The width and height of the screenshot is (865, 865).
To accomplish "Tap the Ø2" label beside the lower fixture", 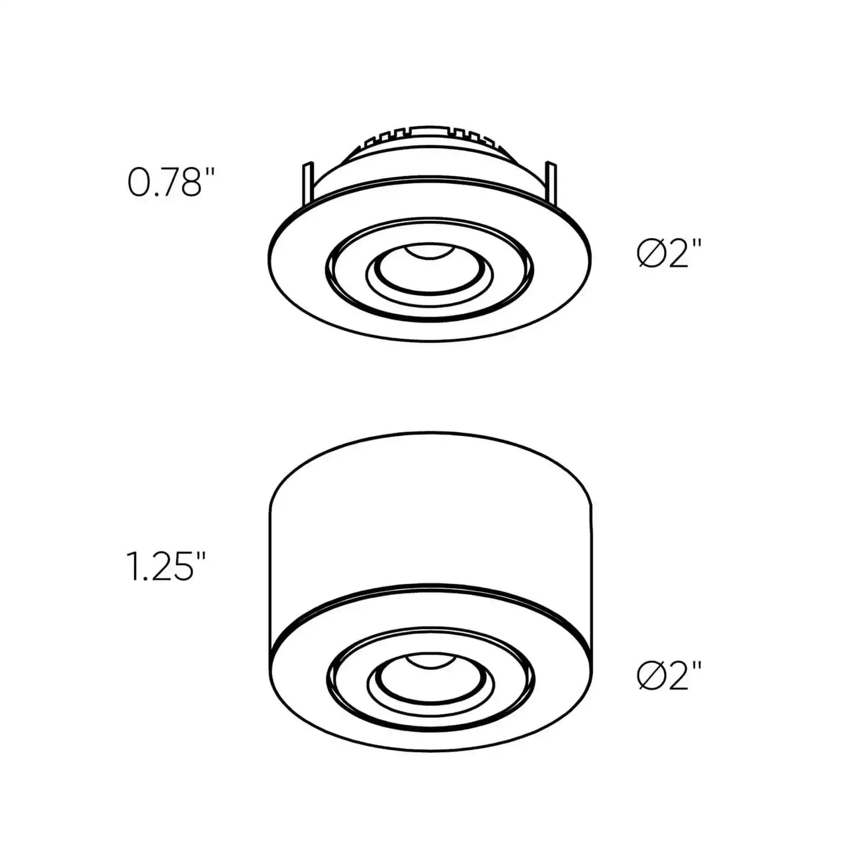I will click(x=670, y=675).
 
